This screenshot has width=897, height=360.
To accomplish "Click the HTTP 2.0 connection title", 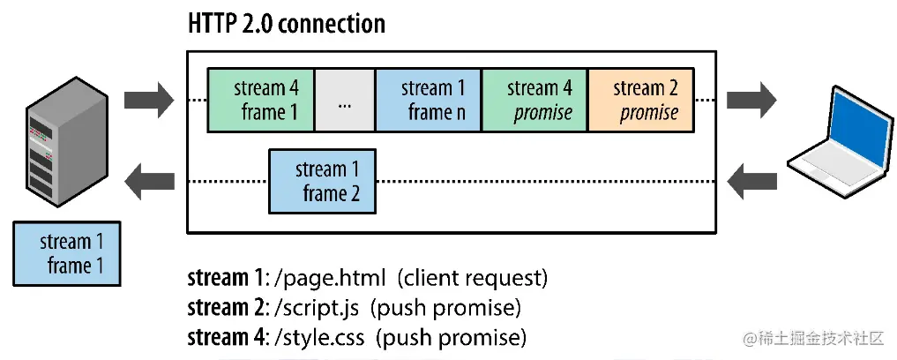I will pos(287,24).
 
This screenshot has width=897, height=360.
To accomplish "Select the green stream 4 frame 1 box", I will pos(260,101).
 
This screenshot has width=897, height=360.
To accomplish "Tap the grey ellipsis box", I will pos(344,101).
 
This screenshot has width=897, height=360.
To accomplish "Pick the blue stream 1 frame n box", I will pos(429,101).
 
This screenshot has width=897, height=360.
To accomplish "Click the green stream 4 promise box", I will pos(534,101).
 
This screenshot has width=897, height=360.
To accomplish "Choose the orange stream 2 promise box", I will pos(640,101).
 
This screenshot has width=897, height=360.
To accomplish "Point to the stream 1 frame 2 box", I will pos(321,182).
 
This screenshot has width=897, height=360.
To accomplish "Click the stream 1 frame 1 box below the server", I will pos(67,254).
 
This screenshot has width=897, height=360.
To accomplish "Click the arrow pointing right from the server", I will pos(149,100).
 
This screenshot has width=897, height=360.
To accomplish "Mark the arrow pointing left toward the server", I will pos(149,182).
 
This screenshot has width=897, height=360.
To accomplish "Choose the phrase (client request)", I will pos(472,279).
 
